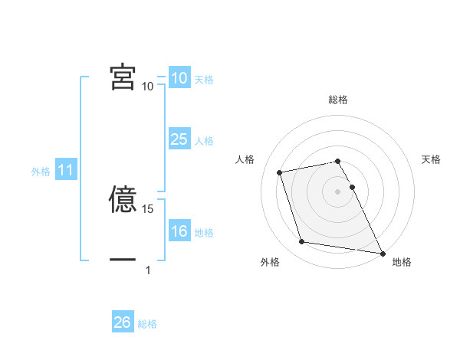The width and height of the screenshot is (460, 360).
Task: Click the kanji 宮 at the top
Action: click(x=123, y=77)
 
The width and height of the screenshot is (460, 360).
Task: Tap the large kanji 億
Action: click(x=123, y=200)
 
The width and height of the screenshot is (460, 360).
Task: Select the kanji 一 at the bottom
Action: click(x=123, y=260)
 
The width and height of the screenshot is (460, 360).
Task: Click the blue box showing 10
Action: click(x=179, y=78)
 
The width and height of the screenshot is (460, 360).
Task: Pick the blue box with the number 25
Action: click(x=179, y=139)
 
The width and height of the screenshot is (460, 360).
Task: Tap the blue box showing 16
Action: click(x=179, y=231)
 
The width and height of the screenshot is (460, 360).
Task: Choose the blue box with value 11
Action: click(x=66, y=170)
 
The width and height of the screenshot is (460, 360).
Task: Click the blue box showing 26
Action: click(x=123, y=322)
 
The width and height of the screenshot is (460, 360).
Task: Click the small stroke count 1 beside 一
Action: click(x=148, y=270)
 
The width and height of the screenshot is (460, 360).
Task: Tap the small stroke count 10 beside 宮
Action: click(x=147, y=87)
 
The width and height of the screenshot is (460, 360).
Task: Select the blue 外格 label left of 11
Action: click(x=41, y=172)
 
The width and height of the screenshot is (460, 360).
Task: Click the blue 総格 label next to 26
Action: click(x=148, y=324)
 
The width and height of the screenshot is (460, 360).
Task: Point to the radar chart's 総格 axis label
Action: click(x=338, y=100)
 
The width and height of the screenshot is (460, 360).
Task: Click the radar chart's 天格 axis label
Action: click(x=432, y=159)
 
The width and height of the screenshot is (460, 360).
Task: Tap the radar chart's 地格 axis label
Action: click(x=402, y=263)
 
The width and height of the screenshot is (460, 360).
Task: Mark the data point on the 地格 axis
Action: click(x=382, y=252)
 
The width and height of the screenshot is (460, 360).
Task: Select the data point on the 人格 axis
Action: click(x=280, y=172)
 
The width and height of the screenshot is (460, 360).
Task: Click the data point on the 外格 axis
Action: click(x=302, y=242)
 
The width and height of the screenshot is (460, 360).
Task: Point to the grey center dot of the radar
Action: click(x=338, y=191)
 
